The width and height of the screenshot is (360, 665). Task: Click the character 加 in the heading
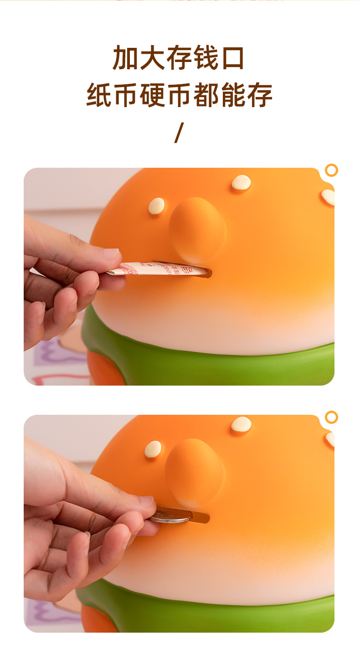pos(125,57)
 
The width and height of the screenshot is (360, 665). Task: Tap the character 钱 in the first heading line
pos(206,57)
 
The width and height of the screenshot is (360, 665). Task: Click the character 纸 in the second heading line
pos(99,95)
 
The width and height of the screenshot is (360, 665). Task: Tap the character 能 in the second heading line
pos(233,95)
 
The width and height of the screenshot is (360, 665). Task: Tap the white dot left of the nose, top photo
pos(156,206)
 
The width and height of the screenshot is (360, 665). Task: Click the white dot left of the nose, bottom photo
pos(153,449)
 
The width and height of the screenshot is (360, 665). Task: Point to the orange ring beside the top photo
pos(331,170)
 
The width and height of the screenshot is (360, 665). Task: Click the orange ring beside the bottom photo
pos(331,417)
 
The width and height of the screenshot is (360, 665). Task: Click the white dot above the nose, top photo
pos(241,182)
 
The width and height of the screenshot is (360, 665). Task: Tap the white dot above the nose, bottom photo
pos(241,423)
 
